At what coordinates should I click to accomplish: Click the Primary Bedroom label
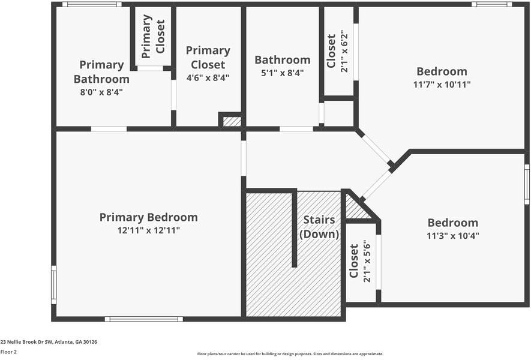point(148,217)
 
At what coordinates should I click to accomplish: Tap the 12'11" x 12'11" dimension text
point(148,230)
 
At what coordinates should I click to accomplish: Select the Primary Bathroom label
point(101,71)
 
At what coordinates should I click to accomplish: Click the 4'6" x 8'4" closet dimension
point(208,77)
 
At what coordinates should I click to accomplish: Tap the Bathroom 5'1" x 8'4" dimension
point(282,73)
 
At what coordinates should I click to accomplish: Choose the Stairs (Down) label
point(319,227)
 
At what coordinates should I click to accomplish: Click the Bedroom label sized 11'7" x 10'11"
point(442,71)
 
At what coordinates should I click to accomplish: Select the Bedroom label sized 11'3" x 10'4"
point(452,223)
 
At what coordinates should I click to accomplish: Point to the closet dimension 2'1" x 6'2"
point(344,52)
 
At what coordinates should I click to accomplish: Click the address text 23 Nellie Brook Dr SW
point(49,341)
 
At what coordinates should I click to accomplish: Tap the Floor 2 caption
point(9,352)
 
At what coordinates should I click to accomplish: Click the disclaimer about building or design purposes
point(290,354)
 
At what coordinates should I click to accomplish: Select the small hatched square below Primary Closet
point(232,121)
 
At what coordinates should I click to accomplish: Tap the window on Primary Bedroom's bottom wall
point(143,319)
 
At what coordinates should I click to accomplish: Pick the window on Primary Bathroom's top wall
point(92,4)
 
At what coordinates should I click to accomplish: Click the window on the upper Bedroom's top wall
point(491,4)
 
